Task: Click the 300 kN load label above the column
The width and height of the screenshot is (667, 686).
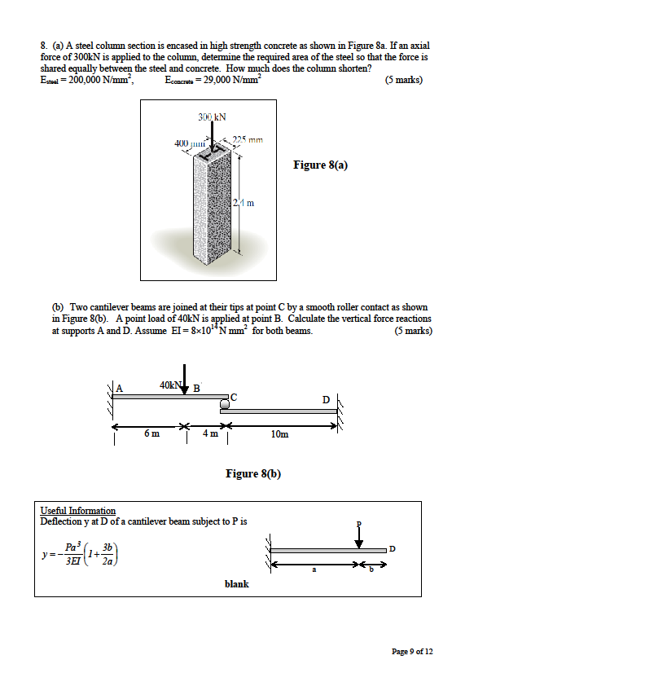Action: (212, 118)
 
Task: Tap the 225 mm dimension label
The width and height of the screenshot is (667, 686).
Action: (248, 139)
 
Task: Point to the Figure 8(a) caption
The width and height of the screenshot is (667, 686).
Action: (320, 165)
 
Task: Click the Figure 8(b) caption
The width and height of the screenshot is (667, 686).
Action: (252, 473)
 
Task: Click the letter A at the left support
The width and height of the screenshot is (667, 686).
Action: (118, 388)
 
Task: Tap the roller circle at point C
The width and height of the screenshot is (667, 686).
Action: (224, 402)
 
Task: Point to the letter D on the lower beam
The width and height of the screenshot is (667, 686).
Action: (326, 400)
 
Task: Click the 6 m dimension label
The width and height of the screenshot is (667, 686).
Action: (151, 434)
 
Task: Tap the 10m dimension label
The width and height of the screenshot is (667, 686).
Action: (279, 434)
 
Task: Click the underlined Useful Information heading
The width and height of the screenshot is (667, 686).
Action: (78, 510)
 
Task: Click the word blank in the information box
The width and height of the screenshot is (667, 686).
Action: (236, 584)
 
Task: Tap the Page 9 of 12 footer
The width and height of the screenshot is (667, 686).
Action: (412, 651)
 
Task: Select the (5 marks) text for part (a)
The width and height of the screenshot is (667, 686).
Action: (404, 80)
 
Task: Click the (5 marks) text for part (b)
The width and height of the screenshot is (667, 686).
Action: (413, 331)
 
